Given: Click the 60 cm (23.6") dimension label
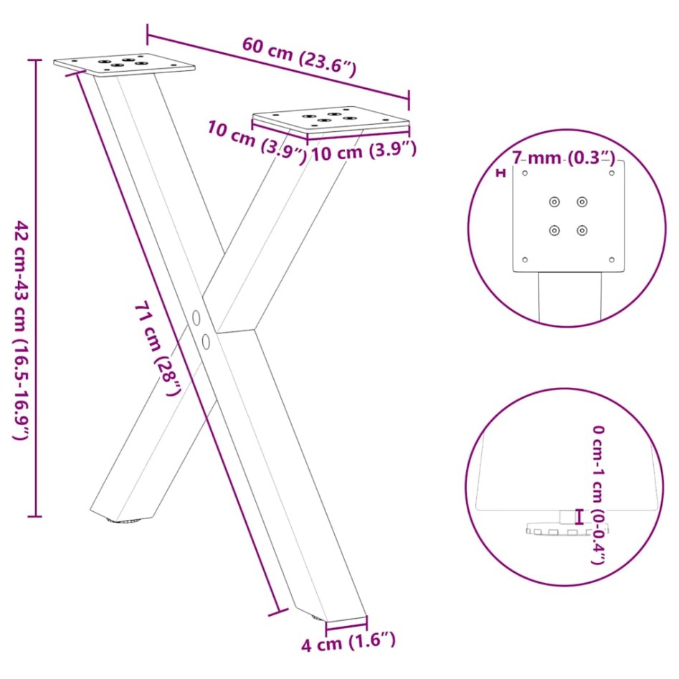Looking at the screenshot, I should pyautogui.click(x=298, y=56).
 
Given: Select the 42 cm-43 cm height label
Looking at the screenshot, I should pyautogui.click(x=22, y=330).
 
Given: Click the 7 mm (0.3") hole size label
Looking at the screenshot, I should pyautogui.click(x=564, y=157).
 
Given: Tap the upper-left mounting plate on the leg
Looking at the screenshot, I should pyautogui.click(x=124, y=65).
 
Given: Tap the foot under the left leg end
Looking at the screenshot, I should pyautogui.click(x=123, y=521).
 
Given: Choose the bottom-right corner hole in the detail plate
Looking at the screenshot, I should pyautogui.click(x=612, y=260).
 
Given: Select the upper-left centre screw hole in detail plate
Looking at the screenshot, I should pyautogui.click(x=554, y=202).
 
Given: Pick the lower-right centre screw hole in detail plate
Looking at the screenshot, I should pyautogui.click(x=582, y=231).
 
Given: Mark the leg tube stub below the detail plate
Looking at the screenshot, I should pyautogui.click(x=570, y=295).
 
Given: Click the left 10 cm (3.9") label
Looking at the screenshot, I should pyautogui.click(x=257, y=140).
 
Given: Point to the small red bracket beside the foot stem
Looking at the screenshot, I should pyautogui.click(x=579, y=516).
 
